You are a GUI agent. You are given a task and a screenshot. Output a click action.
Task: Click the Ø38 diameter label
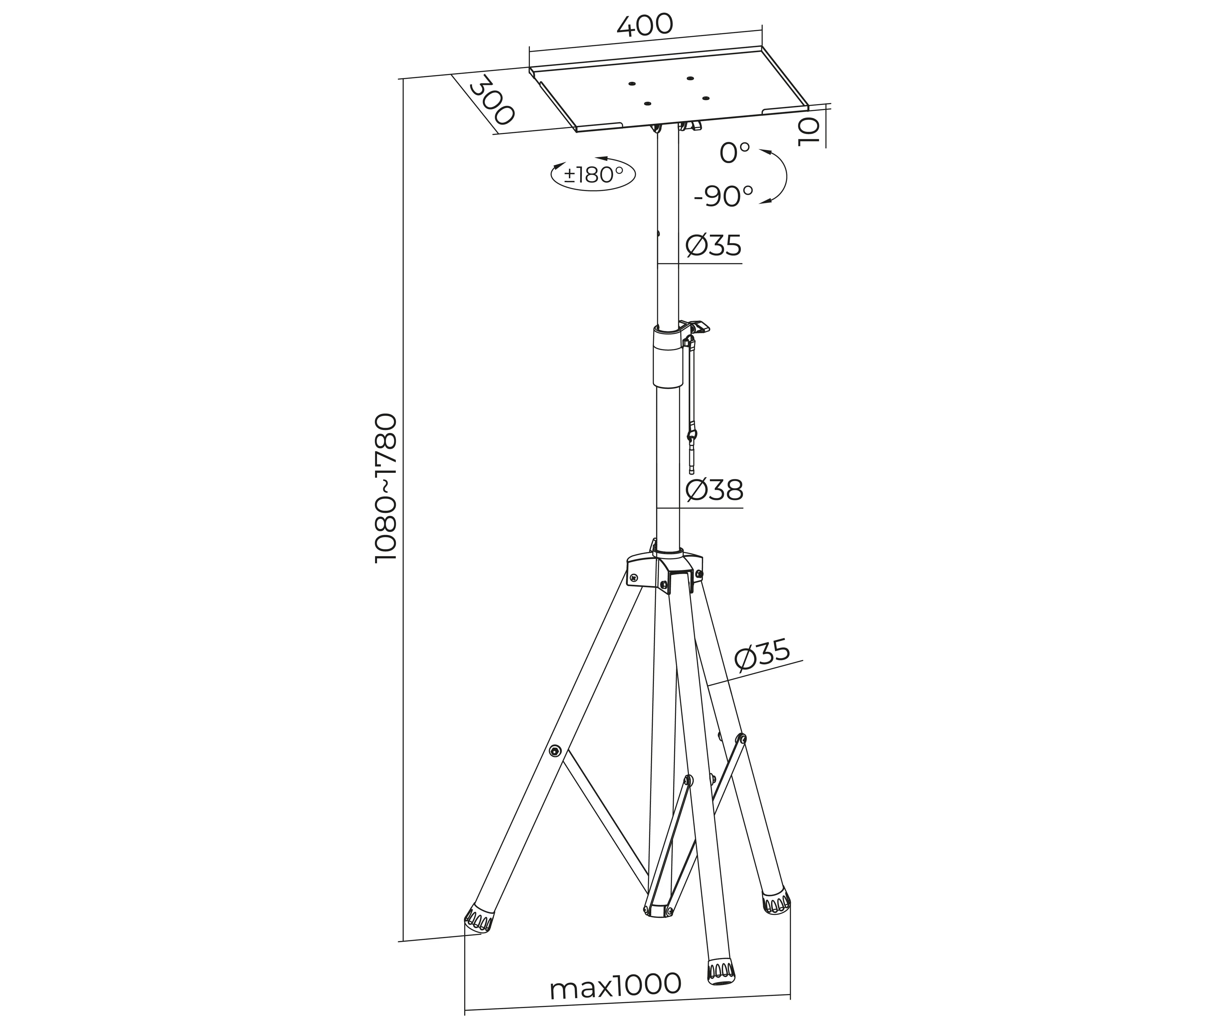714,490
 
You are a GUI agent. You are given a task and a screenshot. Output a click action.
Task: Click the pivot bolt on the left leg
555,751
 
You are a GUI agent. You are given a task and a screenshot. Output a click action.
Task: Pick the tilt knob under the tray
691,125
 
